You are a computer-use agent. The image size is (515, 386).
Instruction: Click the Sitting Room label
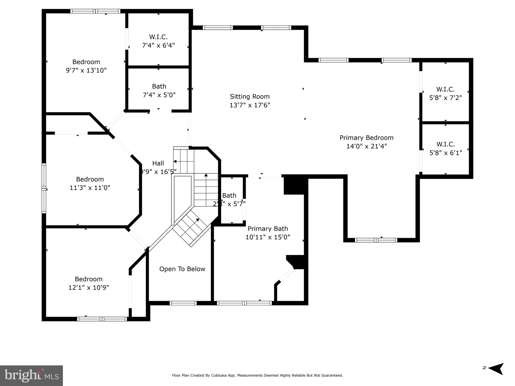pyautogui.click(x=250, y=96)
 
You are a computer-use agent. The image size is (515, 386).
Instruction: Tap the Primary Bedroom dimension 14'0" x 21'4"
pyautogui.click(x=366, y=146)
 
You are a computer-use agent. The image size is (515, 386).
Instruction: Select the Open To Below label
pyautogui.click(x=182, y=269)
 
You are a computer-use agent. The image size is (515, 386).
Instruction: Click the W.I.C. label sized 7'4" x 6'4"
pyautogui.click(x=158, y=37)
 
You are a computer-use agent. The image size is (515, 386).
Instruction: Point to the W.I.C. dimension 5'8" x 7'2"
pyautogui.click(x=445, y=98)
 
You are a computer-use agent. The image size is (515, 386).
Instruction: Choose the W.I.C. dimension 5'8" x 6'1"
pyautogui.click(x=446, y=153)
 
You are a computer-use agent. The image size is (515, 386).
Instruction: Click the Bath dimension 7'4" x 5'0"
pyautogui.click(x=159, y=95)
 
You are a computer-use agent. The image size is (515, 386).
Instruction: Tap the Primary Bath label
pyautogui.click(x=268, y=229)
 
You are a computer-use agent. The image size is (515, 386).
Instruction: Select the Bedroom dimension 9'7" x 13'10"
pyautogui.click(x=86, y=70)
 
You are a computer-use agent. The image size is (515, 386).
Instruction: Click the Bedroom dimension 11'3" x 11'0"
pyautogui.click(x=90, y=188)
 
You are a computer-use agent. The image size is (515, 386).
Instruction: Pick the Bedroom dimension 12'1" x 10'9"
pyautogui.click(x=89, y=287)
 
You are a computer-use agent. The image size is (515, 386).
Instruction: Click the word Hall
pyautogui.click(x=158, y=163)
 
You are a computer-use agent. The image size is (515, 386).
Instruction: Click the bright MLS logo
pyautogui.click(x=31, y=375)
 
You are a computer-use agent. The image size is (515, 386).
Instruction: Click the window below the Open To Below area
pyautogui.click(x=183, y=303)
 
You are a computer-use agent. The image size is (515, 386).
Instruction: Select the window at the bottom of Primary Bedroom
pyautogui.click(x=376, y=240)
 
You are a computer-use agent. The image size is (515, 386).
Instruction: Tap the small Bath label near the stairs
pyautogui.click(x=229, y=196)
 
